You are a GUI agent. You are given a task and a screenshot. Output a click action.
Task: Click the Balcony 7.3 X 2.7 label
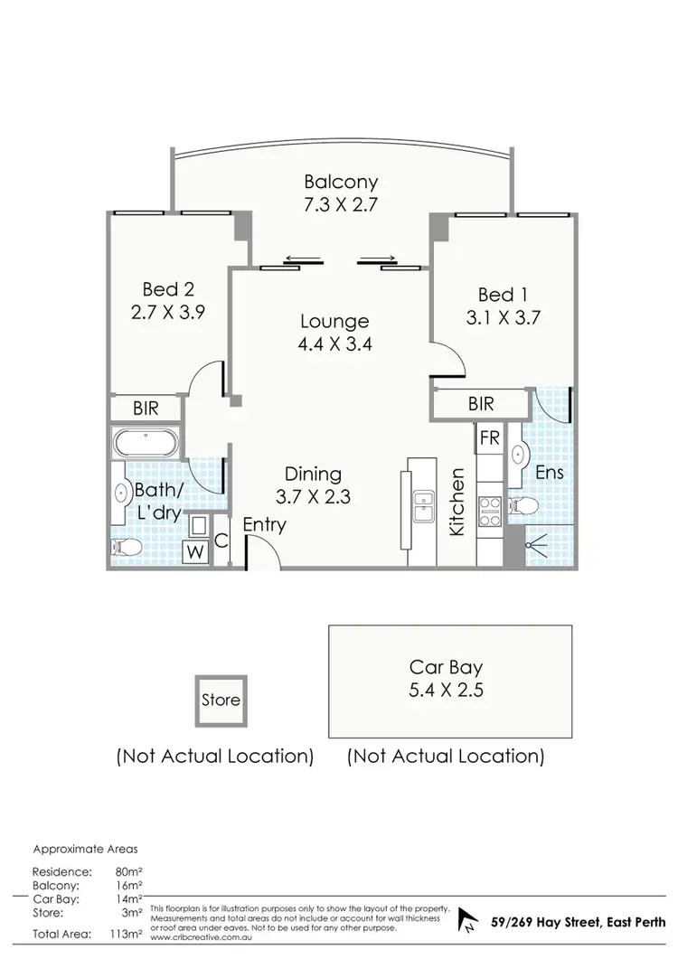point(340,192)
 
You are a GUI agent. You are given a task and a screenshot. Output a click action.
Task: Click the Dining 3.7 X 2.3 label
point(313,484)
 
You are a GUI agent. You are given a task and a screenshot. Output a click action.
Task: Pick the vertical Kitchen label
point(458,502)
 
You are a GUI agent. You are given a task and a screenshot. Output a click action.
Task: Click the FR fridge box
point(489,438)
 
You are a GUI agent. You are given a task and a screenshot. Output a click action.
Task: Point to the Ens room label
point(549,471)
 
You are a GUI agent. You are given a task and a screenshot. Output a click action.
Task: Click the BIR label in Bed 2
point(146,409)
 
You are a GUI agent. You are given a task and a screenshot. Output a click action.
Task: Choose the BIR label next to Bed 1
point(481,404)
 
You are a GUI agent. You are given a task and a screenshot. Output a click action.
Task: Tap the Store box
point(221,700)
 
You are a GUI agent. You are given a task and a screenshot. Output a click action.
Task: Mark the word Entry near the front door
point(265,524)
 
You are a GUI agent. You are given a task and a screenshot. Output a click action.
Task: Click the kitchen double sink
point(422,508)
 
